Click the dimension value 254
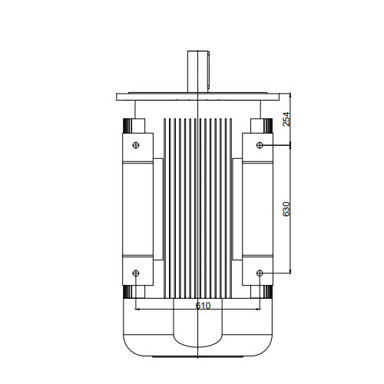click(287, 119)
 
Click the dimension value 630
click(287, 209)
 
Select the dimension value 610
click(203, 306)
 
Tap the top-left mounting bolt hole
click(136, 145)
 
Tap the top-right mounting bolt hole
click(260, 145)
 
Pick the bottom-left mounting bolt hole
click(136, 273)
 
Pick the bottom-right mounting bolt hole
click(260, 273)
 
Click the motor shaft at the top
click(199, 71)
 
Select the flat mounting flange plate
click(197, 97)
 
